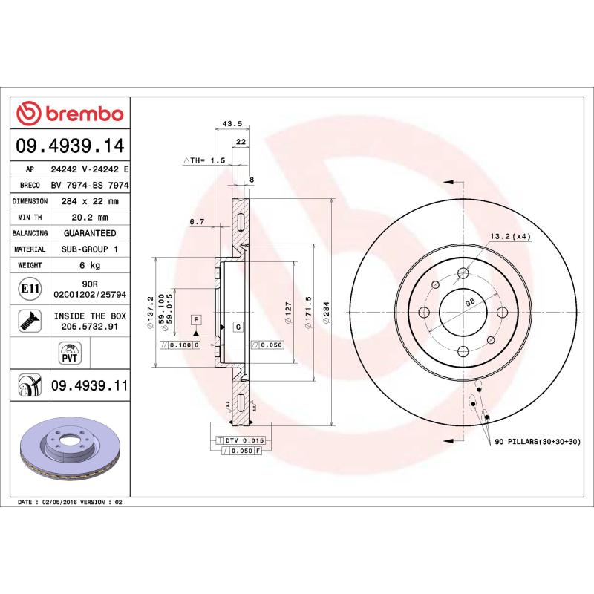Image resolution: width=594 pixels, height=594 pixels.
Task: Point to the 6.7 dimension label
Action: pyautogui.click(x=197, y=221)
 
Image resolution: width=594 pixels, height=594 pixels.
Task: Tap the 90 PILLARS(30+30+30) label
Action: pyautogui.click(x=538, y=441)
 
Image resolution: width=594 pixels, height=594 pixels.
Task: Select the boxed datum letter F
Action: pyautogui.click(x=196, y=320)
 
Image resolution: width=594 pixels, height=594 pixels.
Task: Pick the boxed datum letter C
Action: pyautogui.click(x=238, y=327)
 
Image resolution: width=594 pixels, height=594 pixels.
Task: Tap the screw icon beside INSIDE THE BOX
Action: pyautogui.click(x=28, y=320)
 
